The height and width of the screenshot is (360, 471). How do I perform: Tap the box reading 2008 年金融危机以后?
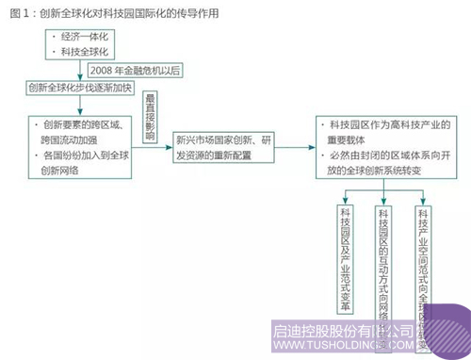pyautogui.click(x=133, y=71)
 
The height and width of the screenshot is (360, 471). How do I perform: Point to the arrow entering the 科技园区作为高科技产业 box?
pyautogui.click(x=303, y=146)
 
